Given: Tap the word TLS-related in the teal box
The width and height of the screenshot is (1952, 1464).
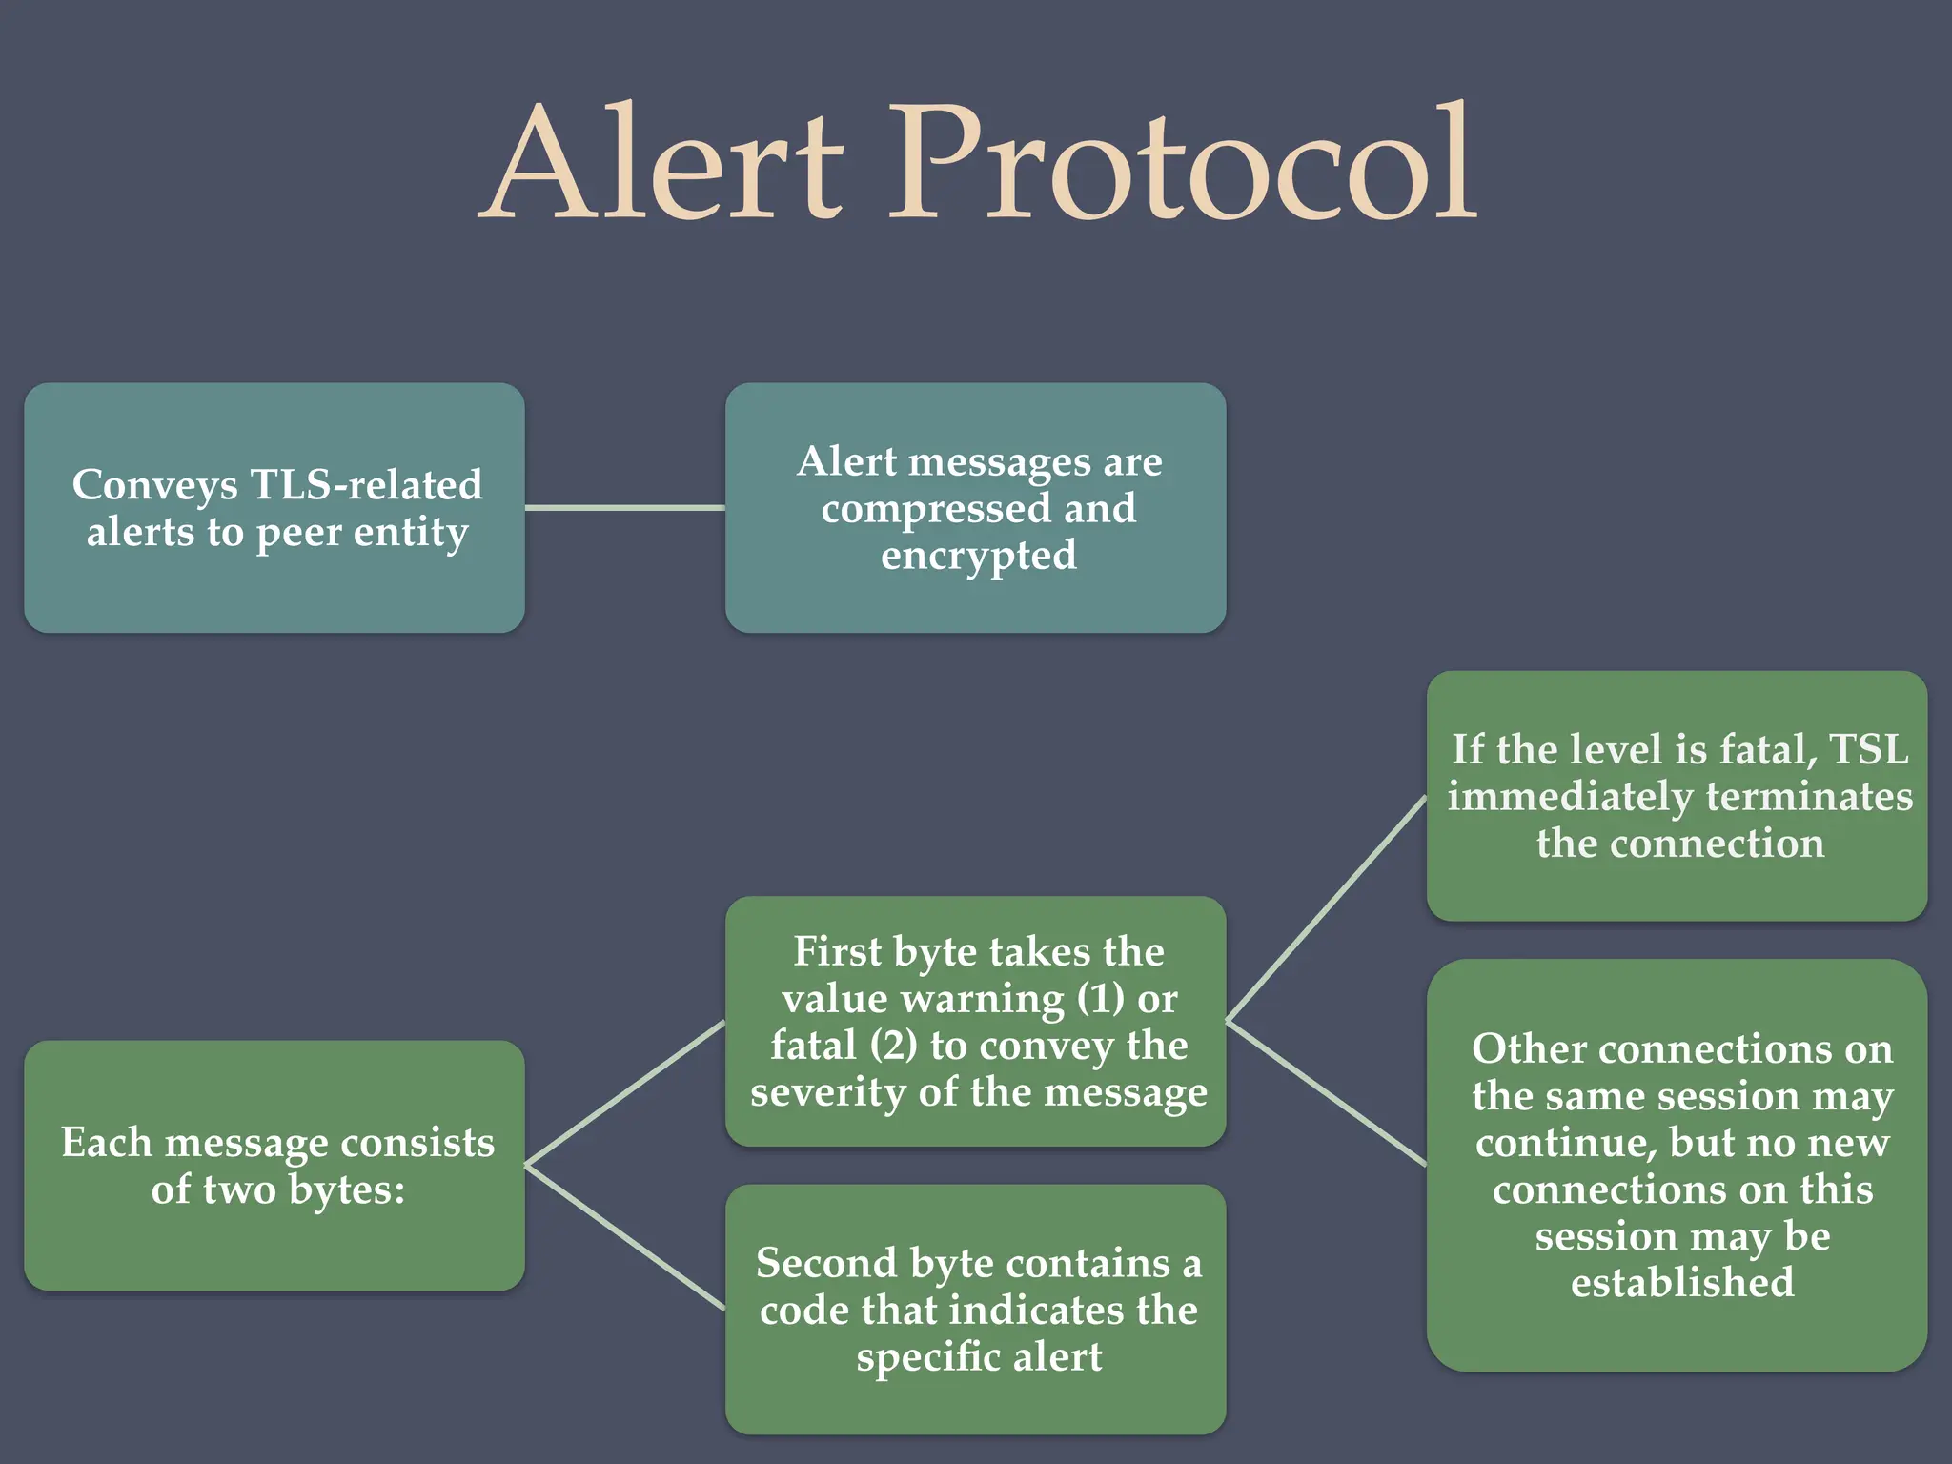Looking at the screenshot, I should coord(366,484).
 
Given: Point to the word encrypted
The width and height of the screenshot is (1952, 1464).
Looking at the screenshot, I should coord(978,555).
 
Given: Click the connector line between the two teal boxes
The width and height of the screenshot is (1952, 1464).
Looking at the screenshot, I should coord(624,508).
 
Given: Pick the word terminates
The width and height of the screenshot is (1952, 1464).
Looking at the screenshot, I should coord(1809,796).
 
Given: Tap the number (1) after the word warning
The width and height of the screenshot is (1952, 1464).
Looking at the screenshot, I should coord(1101,999).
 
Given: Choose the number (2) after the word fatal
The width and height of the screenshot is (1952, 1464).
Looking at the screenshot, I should coord(893,1046).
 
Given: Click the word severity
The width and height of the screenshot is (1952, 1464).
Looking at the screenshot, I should coord(828,1092).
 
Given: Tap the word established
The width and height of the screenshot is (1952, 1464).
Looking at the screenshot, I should coord(1682,1283).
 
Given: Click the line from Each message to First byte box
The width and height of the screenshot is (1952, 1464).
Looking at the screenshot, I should coord(624,1093).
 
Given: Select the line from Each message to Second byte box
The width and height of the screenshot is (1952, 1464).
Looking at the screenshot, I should coord(624,1236).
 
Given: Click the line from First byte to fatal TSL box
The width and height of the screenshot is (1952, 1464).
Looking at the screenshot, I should coord(1326,908).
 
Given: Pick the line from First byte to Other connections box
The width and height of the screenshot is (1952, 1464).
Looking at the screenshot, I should coord(1326,1093).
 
